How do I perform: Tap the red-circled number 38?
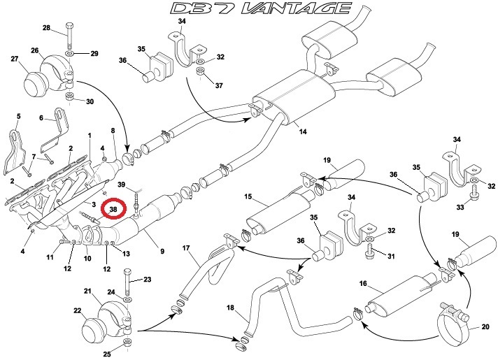coord(113,208)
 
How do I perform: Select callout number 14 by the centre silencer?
coord(302,131)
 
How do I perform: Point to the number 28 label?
coord(46,28)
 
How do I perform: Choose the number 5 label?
coord(19,115)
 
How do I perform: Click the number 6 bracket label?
coord(41,118)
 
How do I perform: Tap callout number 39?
coord(122,185)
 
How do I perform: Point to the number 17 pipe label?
coord(186,247)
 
